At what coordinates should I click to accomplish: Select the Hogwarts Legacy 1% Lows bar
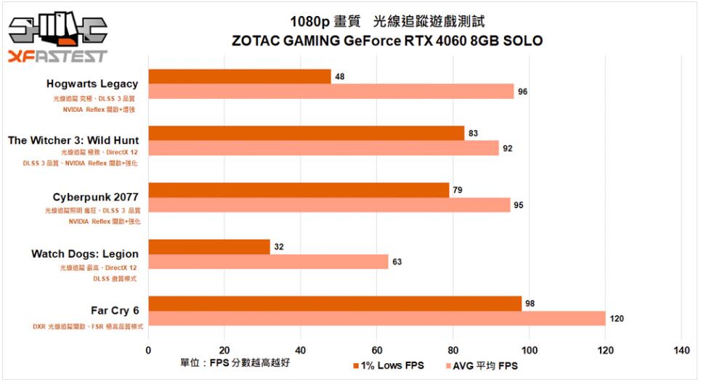pyautogui.click(x=240, y=76)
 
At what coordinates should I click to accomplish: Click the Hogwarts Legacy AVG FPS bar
pyautogui.click(x=331, y=92)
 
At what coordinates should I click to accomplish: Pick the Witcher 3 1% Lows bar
pyautogui.click(x=306, y=133)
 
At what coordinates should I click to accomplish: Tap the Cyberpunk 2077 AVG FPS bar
pyautogui.click(x=329, y=205)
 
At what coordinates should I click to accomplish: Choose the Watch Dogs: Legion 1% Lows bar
pyautogui.click(x=209, y=246)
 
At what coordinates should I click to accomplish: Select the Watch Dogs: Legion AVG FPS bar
pyautogui.click(x=268, y=261)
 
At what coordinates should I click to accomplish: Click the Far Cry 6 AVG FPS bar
pyautogui.click(x=377, y=318)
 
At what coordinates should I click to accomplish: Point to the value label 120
pyautogui.click(x=616, y=318)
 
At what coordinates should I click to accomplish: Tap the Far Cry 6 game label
pyautogui.click(x=114, y=311)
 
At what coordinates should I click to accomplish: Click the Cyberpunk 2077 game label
pyautogui.click(x=95, y=197)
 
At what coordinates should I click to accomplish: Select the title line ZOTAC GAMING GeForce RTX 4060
pyautogui.click(x=387, y=41)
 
